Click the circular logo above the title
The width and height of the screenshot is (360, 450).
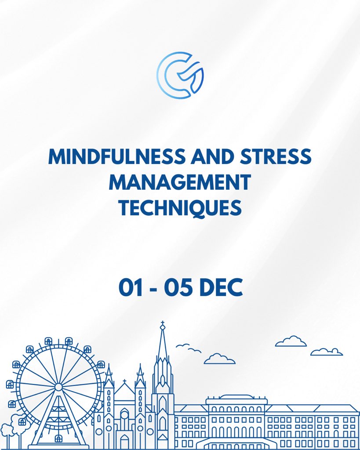pyautogui.click(x=180, y=74)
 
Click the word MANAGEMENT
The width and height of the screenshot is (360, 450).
pyautogui.click(x=180, y=182)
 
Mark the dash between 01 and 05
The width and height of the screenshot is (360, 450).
pyautogui.click(x=156, y=288)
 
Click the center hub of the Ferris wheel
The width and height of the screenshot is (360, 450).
pyautogui.click(x=58, y=387)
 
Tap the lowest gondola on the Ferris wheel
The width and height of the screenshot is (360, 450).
pyautogui.click(x=58, y=438)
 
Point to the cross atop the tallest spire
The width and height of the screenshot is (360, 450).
pyautogui.click(x=163, y=326)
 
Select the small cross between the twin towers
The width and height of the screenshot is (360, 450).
pyautogui.click(x=124, y=381)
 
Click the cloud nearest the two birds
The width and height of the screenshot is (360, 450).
pyautogui.click(x=219, y=359)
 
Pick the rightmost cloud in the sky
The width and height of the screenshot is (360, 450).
pyautogui.click(x=326, y=352)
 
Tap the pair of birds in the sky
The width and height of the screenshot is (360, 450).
pyautogui.click(x=188, y=348)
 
